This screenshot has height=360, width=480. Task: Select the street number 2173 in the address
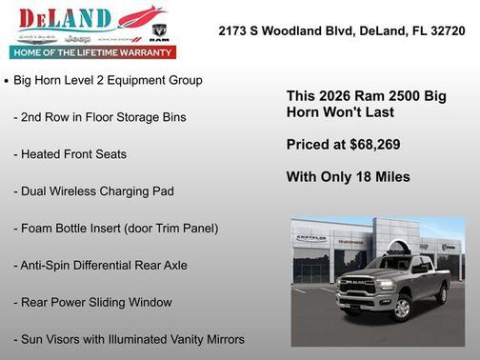[x=234, y=30]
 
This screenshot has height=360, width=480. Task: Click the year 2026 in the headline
[x=332, y=96]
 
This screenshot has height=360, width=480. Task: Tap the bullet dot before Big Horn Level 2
[x=8, y=82]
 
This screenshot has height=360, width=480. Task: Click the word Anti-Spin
[x=49, y=266]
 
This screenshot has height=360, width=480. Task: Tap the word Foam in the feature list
[x=39, y=229]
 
